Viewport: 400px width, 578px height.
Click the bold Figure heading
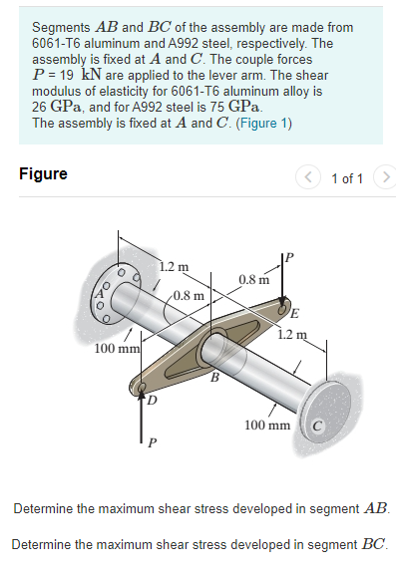click(44, 174)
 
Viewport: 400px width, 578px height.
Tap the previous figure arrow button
click(313, 177)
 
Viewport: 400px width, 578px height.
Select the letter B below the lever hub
click(212, 377)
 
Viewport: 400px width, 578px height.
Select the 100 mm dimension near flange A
click(116, 350)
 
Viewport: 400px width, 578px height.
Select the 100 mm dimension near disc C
click(267, 426)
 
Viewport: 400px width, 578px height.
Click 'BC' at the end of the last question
click(372, 544)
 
